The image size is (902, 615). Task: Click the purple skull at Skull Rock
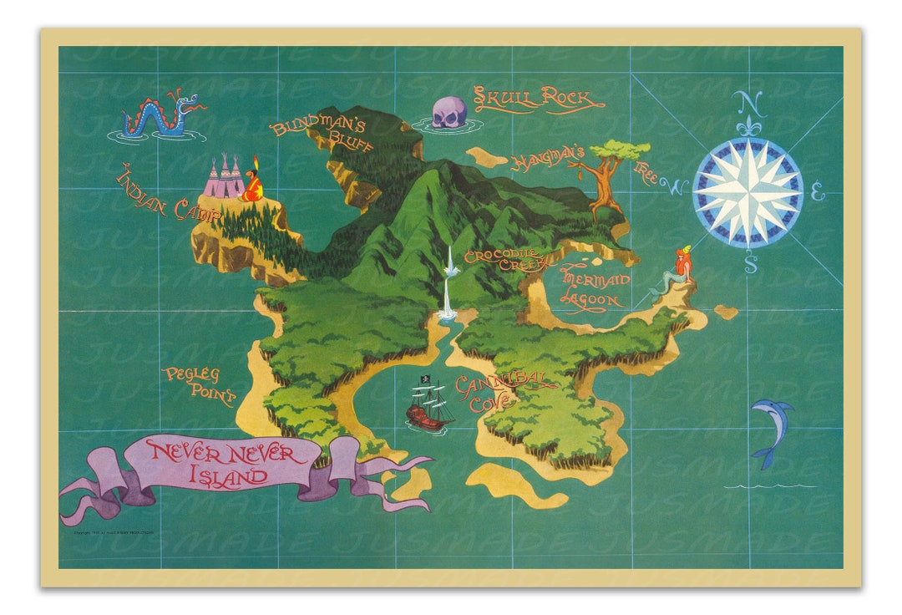pyautogui.click(x=449, y=113)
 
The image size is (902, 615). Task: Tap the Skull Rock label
pyautogui.click(x=539, y=99)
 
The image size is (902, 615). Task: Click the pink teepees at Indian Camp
pyautogui.click(x=224, y=179)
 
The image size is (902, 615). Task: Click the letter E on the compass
pyautogui.click(x=818, y=196)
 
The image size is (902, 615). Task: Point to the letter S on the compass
pyautogui.click(x=750, y=264)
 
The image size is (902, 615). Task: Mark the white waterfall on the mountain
pyautogui.click(x=448, y=284)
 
